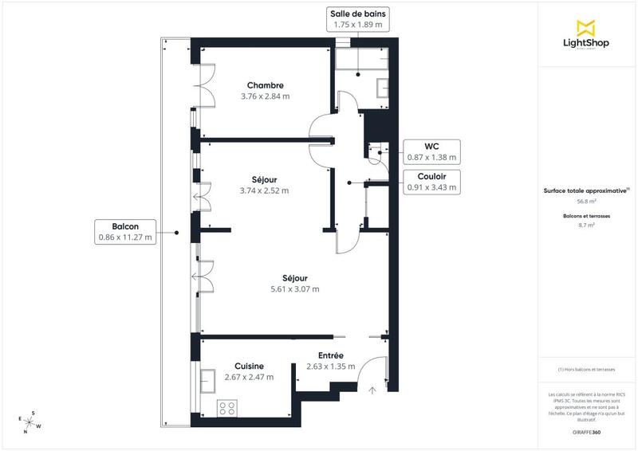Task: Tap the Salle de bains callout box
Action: tap(356, 19)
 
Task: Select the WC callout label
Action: tap(431, 151)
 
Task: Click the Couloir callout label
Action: tap(431, 182)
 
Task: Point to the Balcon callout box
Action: tap(125, 231)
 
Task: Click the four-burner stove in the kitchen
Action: tap(227, 409)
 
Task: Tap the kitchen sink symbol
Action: tap(209, 380)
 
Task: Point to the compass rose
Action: tap(30, 422)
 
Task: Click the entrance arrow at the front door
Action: tap(372, 390)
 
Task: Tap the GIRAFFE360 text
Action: tap(586, 431)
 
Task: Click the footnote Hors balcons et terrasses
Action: tap(586, 370)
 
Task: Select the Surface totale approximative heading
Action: tap(586, 190)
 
